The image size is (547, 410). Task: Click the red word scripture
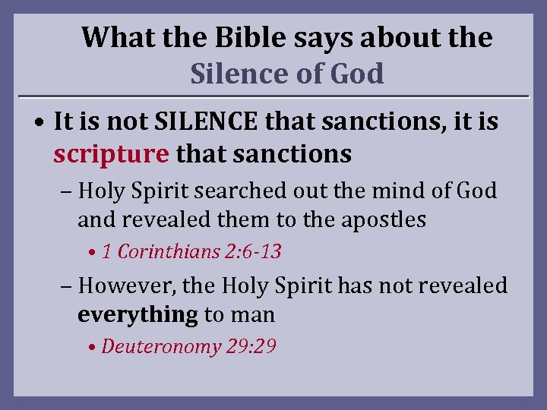tap(111, 154)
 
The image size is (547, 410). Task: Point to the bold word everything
tap(138, 314)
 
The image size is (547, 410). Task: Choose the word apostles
tap(380, 219)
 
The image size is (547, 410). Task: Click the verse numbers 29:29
tap(251, 346)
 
